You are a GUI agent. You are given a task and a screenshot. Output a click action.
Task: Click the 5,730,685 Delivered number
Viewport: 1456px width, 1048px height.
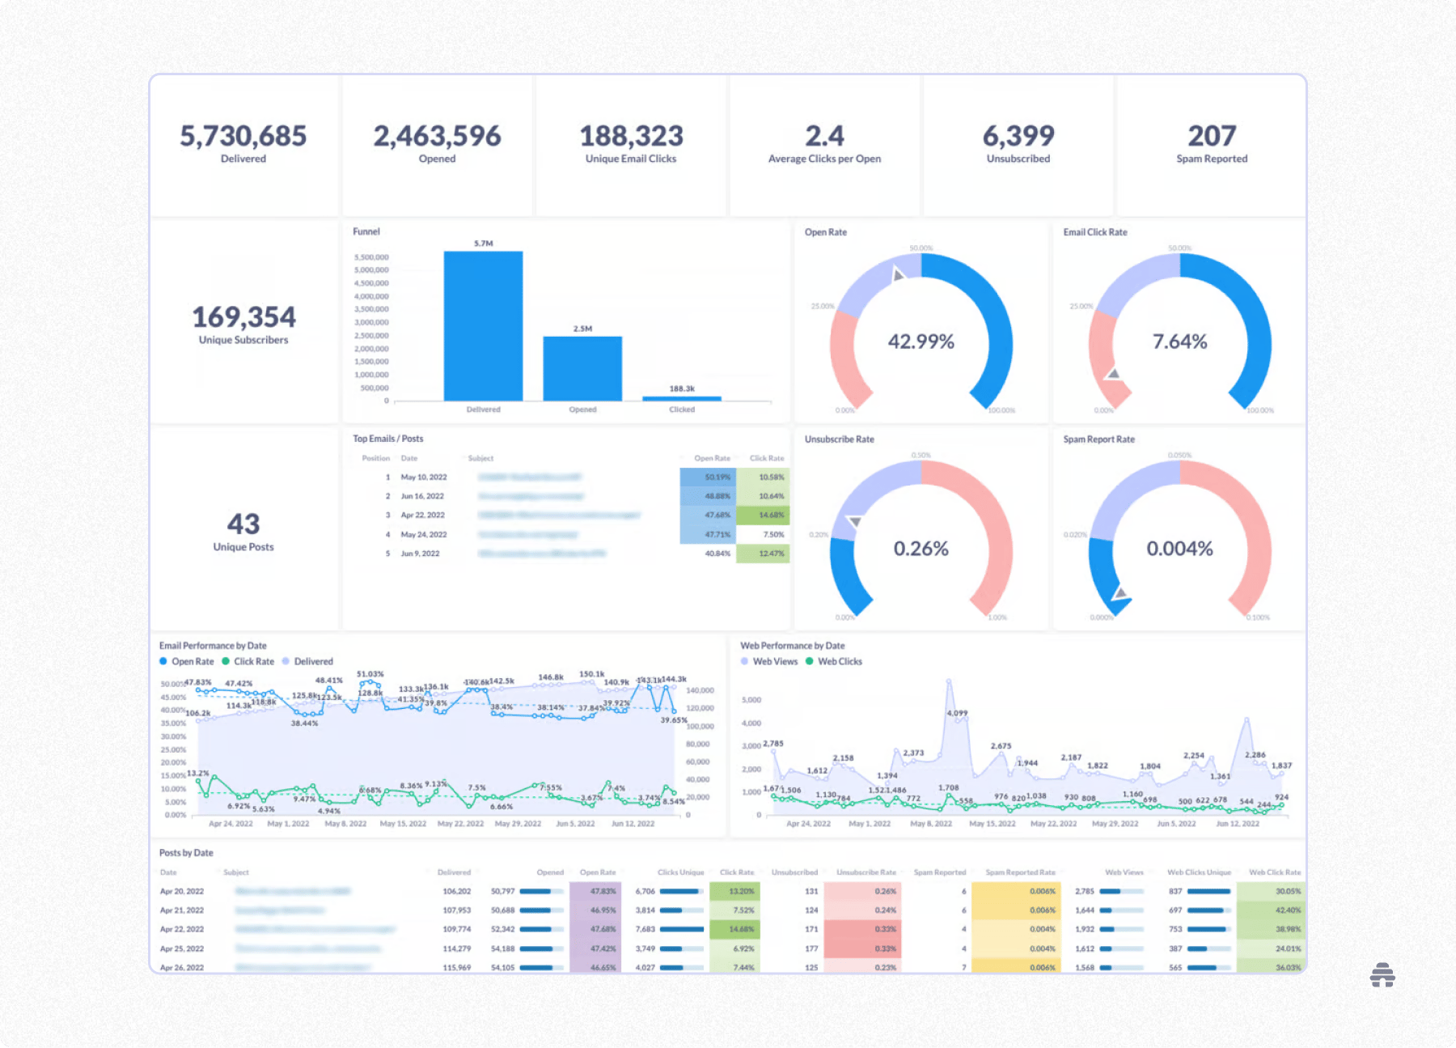(x=243, y=136)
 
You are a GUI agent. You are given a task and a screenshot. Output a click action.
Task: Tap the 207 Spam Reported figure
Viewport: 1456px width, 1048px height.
(x=1211, y=136)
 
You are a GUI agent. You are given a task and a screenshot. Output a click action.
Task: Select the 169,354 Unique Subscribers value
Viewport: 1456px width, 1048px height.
(x=243, y=317)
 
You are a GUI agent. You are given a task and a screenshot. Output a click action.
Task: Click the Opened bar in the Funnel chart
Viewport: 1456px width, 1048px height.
(x=582, y=368)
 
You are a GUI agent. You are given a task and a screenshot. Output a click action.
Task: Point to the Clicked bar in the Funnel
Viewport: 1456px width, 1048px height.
(x=681, y=398)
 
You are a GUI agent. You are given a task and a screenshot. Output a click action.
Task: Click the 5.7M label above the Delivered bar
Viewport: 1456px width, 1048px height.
(x=483, y=244)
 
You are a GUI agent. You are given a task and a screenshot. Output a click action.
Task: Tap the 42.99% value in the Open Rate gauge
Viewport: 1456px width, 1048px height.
(x=921, y=342)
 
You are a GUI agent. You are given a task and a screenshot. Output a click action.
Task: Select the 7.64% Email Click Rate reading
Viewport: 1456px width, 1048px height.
(x=1179, y=342)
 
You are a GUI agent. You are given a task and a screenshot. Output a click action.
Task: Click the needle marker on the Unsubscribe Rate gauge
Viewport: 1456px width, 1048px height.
(x=853, y=522)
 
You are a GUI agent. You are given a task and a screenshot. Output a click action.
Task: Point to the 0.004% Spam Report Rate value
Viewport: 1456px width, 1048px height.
(x=1179, y=549)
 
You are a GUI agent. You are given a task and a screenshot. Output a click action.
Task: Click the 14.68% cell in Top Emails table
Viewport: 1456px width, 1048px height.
(x=771, y=516)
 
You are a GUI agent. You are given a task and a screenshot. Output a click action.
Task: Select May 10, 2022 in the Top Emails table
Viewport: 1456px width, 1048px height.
(x=424, y=477)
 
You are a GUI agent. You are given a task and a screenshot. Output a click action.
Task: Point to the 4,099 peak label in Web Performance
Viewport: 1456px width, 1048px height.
(x=957, y=713)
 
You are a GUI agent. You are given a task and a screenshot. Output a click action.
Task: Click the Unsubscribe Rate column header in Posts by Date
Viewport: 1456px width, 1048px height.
(x=866, y=872)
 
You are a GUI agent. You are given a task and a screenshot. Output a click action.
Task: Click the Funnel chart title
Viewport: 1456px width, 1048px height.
(x=366, y=231)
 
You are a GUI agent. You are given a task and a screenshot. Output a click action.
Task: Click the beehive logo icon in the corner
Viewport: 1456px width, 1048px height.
(x=1382, y=975)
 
